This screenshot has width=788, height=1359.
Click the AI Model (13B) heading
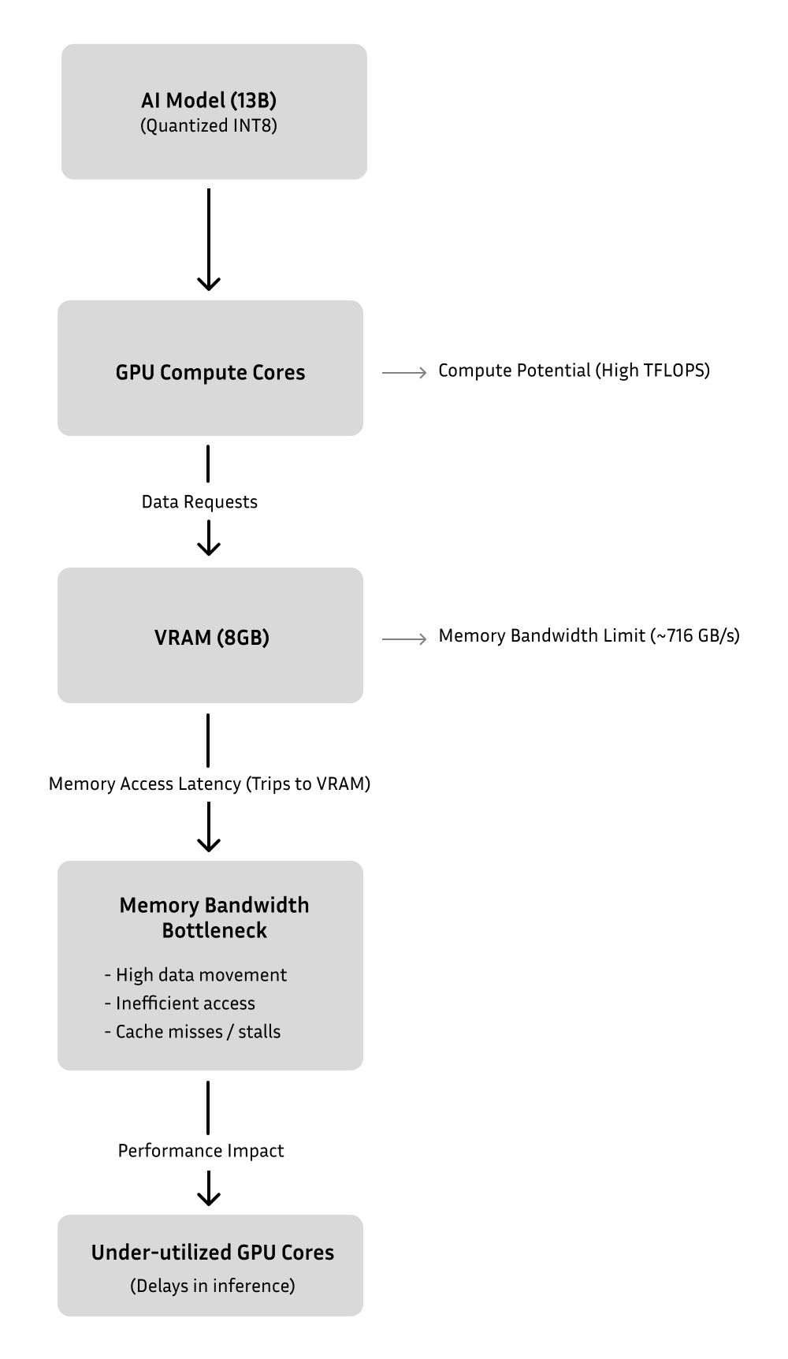[209, 100]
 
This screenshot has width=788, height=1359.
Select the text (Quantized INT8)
[209, 126]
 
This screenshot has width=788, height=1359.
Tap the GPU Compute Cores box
[210, 368]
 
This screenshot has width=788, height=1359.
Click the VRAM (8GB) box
[210, 635]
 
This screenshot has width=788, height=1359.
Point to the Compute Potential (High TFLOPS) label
[574, 370]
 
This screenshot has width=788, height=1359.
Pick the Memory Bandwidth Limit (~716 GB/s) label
[589, 636]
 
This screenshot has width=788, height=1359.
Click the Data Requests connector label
[199, 502]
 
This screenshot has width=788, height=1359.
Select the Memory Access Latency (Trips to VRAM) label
[210, 784]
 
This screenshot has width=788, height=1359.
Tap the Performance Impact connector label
[201, 1151]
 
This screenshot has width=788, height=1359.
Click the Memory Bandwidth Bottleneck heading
[214, 918]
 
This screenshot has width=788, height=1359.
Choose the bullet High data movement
[195, 975]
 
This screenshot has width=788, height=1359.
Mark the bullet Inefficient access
[180, 1003]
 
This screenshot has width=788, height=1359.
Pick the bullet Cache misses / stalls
[192, 1032]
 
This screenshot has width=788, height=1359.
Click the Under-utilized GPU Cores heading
[213, 1253]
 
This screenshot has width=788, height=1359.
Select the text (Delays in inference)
[213, 1286]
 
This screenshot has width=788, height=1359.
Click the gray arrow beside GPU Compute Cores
[404, 372]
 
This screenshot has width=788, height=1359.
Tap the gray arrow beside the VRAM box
[404, 639]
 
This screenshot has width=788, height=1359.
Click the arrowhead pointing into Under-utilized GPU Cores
[208, 1197]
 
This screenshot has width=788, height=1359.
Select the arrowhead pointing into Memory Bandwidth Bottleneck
[208, 843]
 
